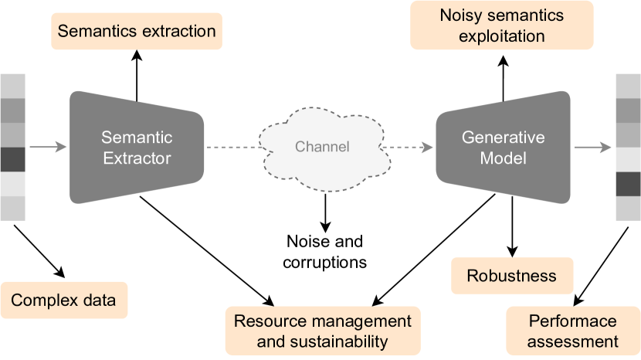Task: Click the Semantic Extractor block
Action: tap(137, 147)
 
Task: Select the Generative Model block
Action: tap(503, 147)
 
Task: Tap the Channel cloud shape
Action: tap(323, 147)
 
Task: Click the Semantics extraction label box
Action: tap(137, 32)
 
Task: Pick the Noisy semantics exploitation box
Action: tap(502, 25)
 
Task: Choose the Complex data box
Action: tap(63, 301)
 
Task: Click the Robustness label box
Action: tap(511, 276)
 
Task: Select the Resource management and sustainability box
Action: tap(322, 330)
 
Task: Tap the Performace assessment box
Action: tap(572, 330)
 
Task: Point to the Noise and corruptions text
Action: tap(325, 251)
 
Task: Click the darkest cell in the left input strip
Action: tap(13, 159)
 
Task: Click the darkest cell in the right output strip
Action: tap(628, 184)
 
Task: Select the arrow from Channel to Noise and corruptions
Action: tap(325, 209)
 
